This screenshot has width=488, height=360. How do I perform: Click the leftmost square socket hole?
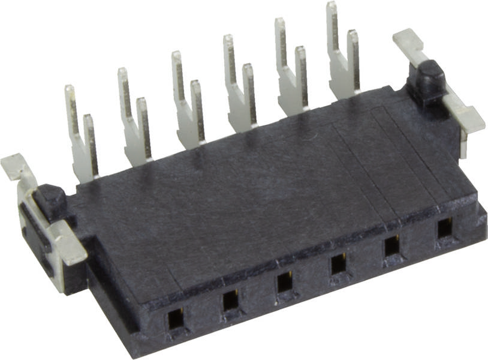click(x=176, y=319)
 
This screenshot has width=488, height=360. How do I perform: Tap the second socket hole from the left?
click(x=230, y=300)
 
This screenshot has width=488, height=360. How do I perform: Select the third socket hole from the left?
click(x=285, y=282)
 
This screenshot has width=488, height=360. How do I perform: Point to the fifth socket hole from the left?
click(x=392, y=245)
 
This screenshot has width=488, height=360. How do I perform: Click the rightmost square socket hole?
click(x=444, y=228)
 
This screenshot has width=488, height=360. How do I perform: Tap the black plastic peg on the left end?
click(x=51, y=200)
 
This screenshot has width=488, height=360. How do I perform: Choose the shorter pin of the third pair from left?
click(x=197, y=108)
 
